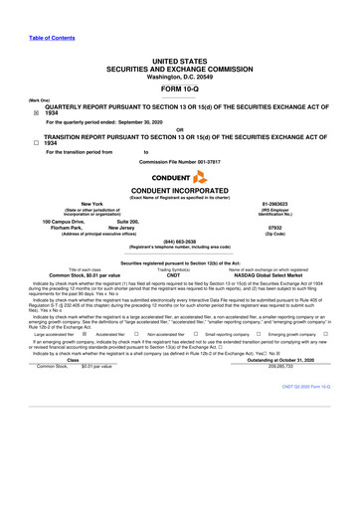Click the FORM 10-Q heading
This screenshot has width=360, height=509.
tap(179, 66)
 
